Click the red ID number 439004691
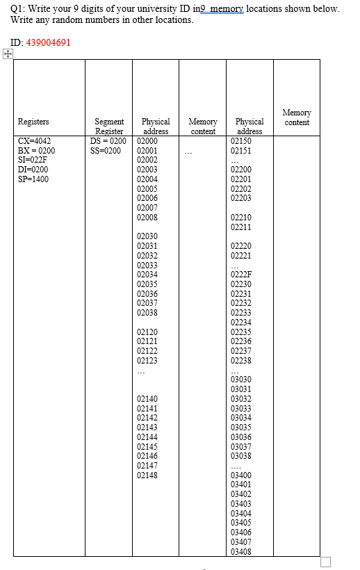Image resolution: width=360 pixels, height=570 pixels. coord(48,42)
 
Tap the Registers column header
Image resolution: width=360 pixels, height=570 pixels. coord(33,122)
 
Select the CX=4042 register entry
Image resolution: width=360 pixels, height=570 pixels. coord(34,140)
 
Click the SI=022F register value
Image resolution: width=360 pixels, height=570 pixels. coord(33,159)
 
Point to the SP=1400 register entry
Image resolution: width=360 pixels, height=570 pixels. coord(33,179)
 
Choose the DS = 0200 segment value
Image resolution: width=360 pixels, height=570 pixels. coord(108,140)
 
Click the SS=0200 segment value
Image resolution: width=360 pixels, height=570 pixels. coord(106,150)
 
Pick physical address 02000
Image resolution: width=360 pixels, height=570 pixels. coord(147,140)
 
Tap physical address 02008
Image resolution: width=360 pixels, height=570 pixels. coord(147,217)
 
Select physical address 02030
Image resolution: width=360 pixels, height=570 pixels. coord(147,236)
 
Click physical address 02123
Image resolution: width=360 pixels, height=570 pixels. coord(147,360)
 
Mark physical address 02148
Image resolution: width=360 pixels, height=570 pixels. coord(147,475)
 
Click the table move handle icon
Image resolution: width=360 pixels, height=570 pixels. coord(7,54)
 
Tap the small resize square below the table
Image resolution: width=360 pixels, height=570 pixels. coord(325,561)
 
